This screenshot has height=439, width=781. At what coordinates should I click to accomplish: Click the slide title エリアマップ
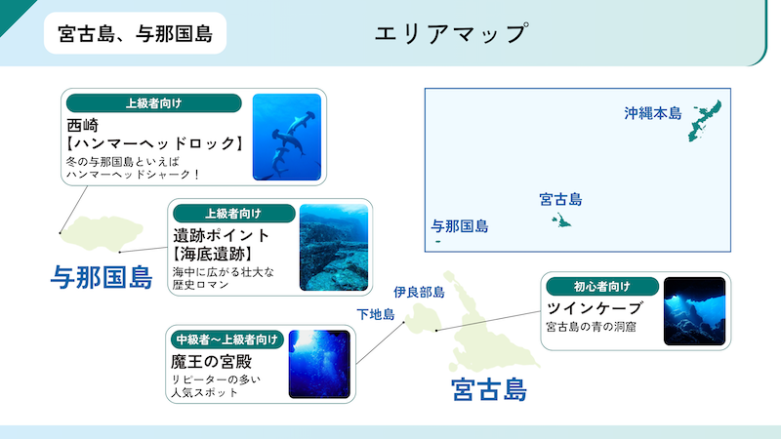point(451,34)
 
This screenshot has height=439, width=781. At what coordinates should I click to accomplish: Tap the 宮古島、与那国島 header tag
point(135,33)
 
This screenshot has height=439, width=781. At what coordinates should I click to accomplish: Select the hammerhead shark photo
point(287,137)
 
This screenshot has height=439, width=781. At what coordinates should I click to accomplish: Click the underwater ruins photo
point(334,248)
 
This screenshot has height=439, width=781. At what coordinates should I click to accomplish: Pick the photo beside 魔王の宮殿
point(319,364)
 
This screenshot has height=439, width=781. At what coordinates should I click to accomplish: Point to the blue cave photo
point(694,311)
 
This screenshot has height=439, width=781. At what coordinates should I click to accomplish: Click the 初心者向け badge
point(602,287)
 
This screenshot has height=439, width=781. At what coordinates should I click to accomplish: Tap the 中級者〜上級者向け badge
point(227,339)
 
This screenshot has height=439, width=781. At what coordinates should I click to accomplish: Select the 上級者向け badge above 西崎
point(154,103)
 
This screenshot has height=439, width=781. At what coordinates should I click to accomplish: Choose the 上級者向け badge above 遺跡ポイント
point(233,214)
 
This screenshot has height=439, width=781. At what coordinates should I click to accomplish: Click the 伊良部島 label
point(419,292)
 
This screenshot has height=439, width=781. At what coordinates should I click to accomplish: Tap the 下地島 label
point(376,314)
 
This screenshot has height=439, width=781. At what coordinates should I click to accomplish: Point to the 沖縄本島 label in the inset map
point(652,113)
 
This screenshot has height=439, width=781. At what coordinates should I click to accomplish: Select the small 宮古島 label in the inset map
point(560,200)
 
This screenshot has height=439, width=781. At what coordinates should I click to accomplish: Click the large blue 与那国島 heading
point(102,277)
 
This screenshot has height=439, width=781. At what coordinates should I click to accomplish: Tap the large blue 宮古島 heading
point(489,389)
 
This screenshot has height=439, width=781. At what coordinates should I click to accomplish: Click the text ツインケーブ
point(595,308)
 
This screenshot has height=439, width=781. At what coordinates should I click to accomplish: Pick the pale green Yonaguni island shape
point(102,233)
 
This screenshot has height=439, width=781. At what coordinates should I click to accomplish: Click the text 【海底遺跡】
point(213,255)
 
